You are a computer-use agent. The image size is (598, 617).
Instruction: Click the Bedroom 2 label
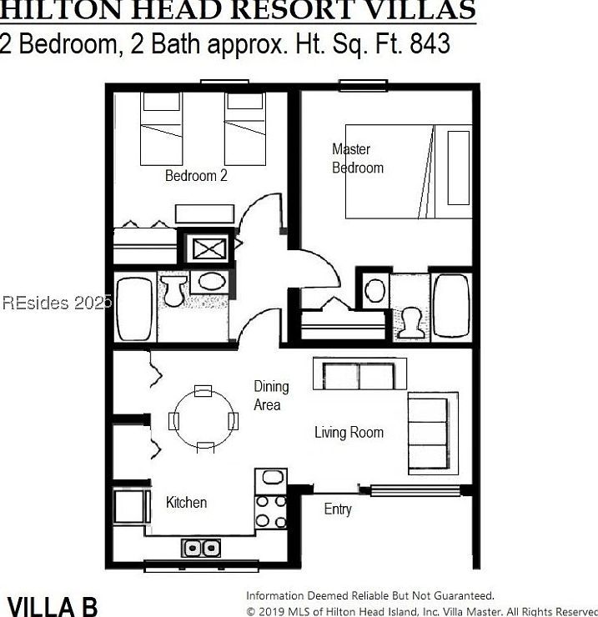(196, 176)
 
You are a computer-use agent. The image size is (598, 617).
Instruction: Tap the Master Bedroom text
(357, 158)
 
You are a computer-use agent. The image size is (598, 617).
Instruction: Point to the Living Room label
(349, 432)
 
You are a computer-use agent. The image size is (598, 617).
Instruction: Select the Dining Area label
(271, 395)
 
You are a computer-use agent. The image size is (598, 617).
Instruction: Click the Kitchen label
(186, 502)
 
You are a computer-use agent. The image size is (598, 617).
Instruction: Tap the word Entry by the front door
(337, 509)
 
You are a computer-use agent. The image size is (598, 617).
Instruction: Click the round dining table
(204, 419)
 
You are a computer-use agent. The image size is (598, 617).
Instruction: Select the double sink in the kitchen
(201, 548)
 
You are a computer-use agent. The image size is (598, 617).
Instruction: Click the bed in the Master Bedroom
(409, 172)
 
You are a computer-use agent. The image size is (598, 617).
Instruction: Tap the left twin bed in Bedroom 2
(160, 128)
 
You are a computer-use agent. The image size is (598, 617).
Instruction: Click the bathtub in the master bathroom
(451, 305)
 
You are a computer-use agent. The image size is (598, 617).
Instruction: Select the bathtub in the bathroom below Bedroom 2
(133, 308)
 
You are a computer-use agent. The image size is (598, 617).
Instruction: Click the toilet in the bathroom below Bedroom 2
(174, 291)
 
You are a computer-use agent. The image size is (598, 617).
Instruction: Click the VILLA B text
(53, 604)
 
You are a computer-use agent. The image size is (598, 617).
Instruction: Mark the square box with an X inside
(204, 247)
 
